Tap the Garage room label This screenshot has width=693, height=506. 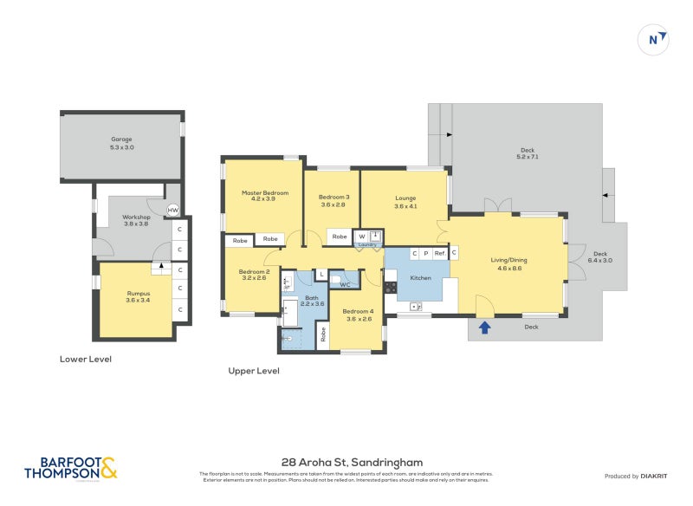tap(122, 144)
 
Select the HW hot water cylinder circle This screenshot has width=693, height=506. tap(172, 211)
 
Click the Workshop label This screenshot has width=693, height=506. tap(136, 220)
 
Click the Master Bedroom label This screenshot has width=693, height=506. tap(264, 196)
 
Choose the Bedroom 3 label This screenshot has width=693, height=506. tap(333, 201)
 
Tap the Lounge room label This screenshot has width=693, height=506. tap(405, 201)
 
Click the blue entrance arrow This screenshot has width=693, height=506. tap(485, 327)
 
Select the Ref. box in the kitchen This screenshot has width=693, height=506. tap(439, 254)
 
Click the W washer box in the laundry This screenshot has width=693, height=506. tap(361, 237)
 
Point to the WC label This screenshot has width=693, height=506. tap(345, 284)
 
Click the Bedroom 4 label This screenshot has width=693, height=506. tap(357, 315)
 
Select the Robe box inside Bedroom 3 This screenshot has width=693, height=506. tap(339, 237)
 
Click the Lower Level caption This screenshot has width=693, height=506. tap(86, 359)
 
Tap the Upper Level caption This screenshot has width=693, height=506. tap(253, 371)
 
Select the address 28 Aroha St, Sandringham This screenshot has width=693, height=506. tap(352, 463)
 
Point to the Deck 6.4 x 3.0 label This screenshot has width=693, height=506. tap(599, 256)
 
